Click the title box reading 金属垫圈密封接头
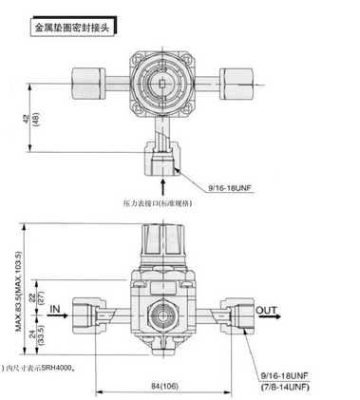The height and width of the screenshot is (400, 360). tap(72, 28)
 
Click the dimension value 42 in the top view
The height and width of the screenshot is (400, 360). tap(27, 119)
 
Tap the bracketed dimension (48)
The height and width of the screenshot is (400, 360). tap(35, 120)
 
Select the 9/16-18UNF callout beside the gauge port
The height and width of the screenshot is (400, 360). tap(230, 188)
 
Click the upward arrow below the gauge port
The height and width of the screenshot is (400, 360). tap(163, 187)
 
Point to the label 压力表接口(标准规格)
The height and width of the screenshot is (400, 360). tap(158, 203)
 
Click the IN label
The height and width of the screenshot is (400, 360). tap(55, 309)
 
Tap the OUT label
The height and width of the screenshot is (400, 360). tap(266, 310)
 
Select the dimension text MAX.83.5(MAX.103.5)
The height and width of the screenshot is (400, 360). tap(19, 292)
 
